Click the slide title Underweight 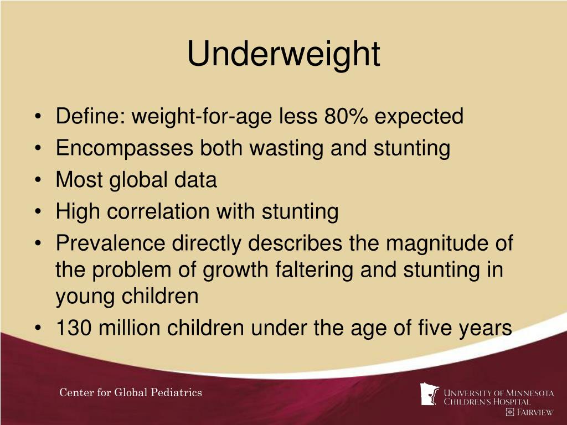coord(283,54)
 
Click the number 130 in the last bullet coord(74,328)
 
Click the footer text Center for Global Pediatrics coord(131,393)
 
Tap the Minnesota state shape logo coord(430,394)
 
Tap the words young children coord(127,297)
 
